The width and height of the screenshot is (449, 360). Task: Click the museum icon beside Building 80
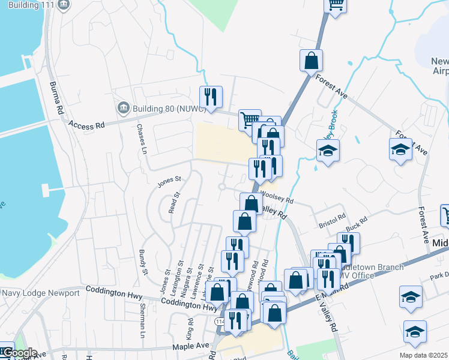tap(124, 108)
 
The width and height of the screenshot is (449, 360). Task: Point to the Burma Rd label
tap(56, 98)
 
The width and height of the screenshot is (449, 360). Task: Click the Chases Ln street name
tap(142, 139)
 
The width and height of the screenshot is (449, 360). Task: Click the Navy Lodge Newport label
tap(41, 293)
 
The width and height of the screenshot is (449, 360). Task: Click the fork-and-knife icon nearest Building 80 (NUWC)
tap(211, 96)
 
